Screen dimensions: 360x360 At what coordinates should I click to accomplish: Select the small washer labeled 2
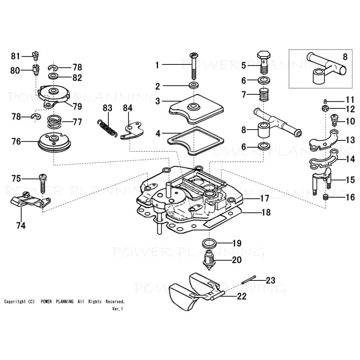(x=195, y=86)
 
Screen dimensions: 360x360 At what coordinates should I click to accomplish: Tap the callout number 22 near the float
(x=241, y=296)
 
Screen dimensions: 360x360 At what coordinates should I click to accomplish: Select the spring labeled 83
(x=107, y=129)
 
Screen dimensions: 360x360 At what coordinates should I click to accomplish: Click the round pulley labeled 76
(x=54, y=142)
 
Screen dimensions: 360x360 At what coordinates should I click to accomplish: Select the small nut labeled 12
(x=325, y=109)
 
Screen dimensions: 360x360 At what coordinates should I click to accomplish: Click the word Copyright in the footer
(x=15, y=302)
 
